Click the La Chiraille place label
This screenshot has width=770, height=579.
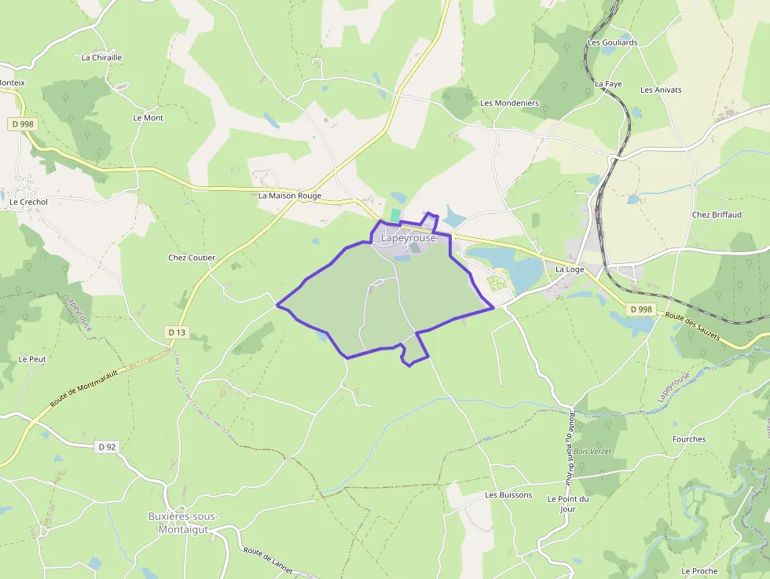102,57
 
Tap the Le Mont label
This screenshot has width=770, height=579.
148,118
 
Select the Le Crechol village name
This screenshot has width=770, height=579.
28,202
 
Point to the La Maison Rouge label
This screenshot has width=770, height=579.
290,196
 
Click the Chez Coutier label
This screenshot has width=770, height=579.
192,258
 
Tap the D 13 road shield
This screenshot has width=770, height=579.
177,332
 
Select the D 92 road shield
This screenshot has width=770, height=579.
107,447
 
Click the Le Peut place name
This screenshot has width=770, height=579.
32,359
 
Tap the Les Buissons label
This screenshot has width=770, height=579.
508,495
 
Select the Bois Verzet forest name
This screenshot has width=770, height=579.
592,451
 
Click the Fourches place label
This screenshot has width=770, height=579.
689,439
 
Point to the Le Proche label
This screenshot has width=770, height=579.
698,571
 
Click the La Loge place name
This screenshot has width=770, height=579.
570,269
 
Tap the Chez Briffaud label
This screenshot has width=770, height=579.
717,214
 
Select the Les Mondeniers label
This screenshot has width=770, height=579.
509,103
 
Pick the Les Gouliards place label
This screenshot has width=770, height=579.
613,42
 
